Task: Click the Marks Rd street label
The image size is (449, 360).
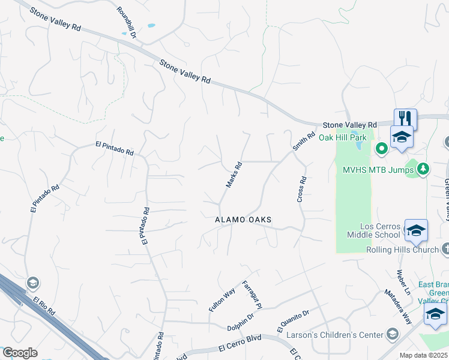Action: (234, 175)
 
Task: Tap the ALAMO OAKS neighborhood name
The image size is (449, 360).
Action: (244, 220)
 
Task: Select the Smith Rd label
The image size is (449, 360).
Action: (303, 142)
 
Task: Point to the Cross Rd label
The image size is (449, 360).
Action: (302, 188)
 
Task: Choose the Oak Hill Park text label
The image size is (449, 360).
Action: (342, 137)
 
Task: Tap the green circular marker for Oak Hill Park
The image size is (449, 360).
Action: (381, 148)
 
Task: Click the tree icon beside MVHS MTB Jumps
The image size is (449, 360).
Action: (424, 170)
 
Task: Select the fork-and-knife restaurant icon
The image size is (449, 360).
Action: (405, 118)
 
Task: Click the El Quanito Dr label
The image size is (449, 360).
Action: (292, 320)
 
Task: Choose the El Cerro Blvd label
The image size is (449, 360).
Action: (240, 343)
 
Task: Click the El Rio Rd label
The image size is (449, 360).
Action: (44, 305)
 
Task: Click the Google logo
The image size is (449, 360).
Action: (20, 353)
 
